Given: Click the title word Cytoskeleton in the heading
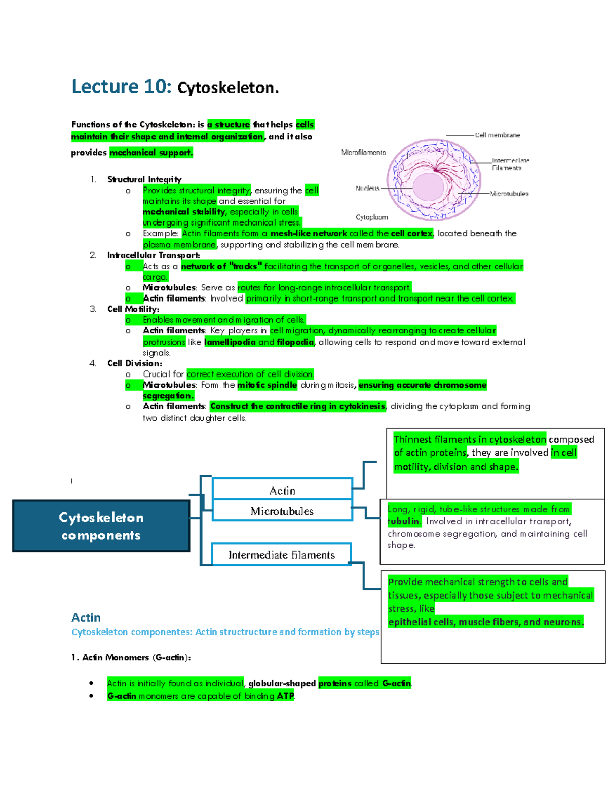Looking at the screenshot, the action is coord(228,88).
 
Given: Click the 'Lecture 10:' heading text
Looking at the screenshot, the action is coord(122,87).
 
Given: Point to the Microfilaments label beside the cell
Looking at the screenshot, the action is coord(363,153).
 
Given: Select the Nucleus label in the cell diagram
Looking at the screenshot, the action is coord(367,189).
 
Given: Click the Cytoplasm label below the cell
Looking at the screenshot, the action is coord(371,217).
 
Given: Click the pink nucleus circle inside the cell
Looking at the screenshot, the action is coord(429,187).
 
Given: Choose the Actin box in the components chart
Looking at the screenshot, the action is coord(282,488).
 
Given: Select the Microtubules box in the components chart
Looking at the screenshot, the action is coord(282,510).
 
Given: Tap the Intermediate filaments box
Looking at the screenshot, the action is coord(281,554).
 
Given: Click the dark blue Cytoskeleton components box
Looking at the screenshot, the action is coord(101,526).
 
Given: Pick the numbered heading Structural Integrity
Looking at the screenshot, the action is coord(144,179).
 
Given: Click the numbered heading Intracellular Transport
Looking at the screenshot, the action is coord(153,256).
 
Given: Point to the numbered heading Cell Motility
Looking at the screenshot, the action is coord(133,309).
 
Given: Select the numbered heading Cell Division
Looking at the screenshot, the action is coord(135,364).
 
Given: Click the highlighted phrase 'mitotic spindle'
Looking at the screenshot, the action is coord(267,385).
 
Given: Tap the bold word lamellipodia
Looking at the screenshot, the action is coord(231,342).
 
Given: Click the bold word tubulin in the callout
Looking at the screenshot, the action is coord(403,521).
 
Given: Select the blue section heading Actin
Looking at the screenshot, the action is coord(86,618).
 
